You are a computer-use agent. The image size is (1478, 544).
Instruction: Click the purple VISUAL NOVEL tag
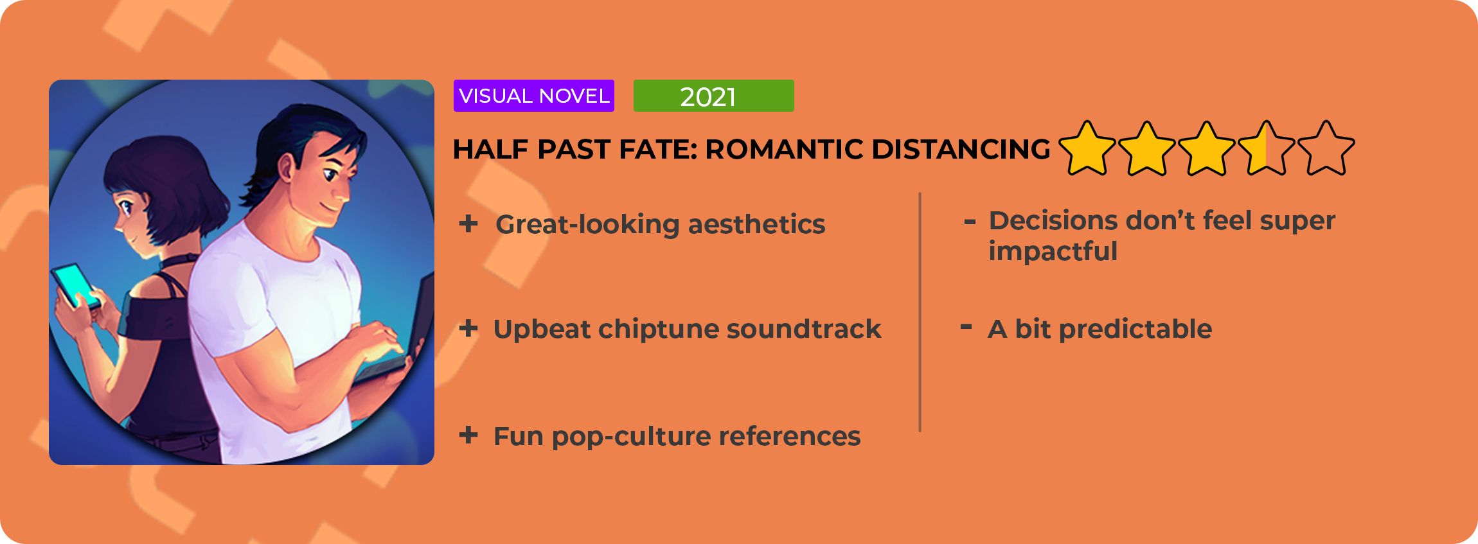coord(533,96)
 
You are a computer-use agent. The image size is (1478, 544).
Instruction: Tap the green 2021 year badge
coord(713,96)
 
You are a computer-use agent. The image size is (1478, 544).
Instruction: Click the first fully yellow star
coord(1087,148)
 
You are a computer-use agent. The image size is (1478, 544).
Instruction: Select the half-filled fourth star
coord(1266,148)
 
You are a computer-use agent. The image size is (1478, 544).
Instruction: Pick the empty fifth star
coord(1326,148)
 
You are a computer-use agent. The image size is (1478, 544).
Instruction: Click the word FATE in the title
coord(657,149)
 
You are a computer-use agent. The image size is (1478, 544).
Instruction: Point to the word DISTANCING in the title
coord(961,149)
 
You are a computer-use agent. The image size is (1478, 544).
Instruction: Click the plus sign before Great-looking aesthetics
coord(468,224)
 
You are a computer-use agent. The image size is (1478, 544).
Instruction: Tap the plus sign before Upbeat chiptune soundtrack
coord(468,328)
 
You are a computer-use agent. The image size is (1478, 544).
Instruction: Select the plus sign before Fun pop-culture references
coord(468,435)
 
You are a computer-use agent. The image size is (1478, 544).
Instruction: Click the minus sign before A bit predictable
coord(966,327)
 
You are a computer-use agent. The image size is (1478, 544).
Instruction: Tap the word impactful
coord(1053,251)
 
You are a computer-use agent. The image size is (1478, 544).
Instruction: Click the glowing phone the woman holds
coord(76,286)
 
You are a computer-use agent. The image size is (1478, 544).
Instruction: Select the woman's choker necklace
coord(177,262)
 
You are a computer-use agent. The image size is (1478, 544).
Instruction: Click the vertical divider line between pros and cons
coord(920,312)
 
